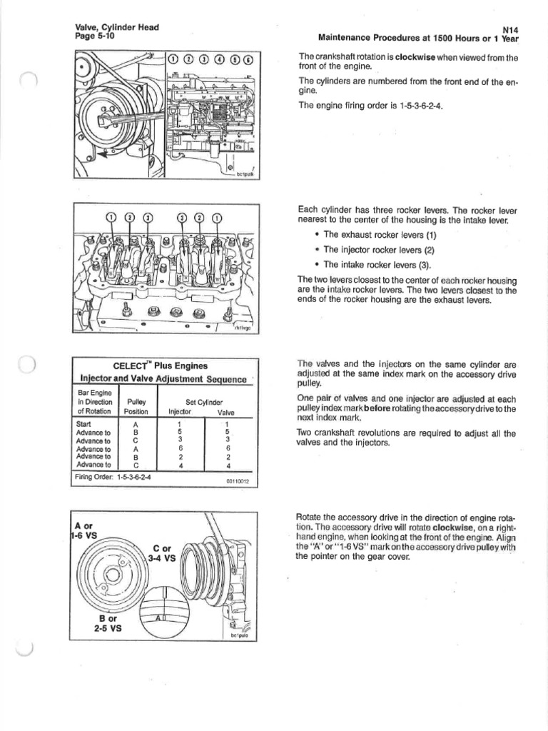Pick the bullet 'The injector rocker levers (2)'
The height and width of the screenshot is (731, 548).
(x=379, y=250)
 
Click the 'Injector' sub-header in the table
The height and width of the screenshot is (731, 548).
(x=180, y=412)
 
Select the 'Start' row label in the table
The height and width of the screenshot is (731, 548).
(x=83, y=423)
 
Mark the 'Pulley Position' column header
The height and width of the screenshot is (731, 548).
(x=136, y=407)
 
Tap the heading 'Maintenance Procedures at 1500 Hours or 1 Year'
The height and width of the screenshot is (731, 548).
(x=417, y=38)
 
